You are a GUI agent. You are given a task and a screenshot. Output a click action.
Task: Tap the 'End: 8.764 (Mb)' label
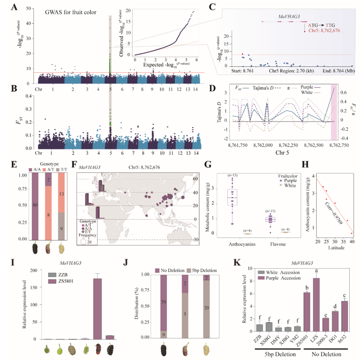point(336,71)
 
